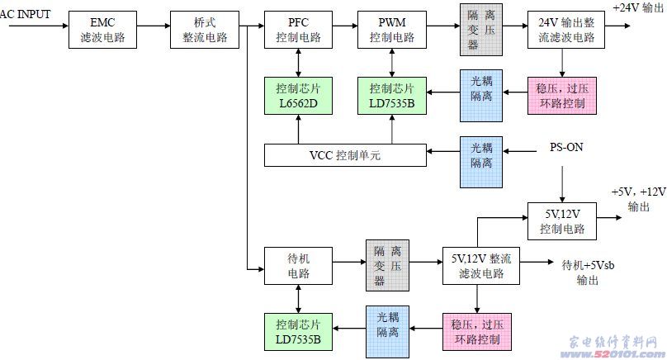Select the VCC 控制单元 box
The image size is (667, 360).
coord(345,154)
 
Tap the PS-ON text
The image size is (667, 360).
coord(566,148)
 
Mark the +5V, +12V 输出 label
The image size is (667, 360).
coord(638,199)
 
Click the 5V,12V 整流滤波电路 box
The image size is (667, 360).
coord(481,266)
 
